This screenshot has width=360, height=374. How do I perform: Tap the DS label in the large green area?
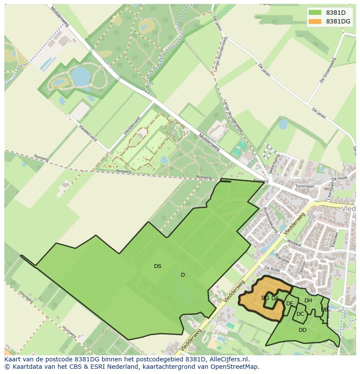point(157,266)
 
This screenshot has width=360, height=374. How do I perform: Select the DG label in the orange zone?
point(265,298)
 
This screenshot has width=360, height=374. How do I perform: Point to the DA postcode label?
point(275,298)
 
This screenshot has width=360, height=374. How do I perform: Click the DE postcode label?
point(290,304)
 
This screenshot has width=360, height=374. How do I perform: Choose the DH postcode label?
point(308,301)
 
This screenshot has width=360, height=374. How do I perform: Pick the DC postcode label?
point(300,314)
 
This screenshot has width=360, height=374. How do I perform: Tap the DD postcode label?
point(303,330)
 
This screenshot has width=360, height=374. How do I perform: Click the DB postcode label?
point(324,310)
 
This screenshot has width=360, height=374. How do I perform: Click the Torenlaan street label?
point(304,185)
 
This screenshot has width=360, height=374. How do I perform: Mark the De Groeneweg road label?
point(329,70)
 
